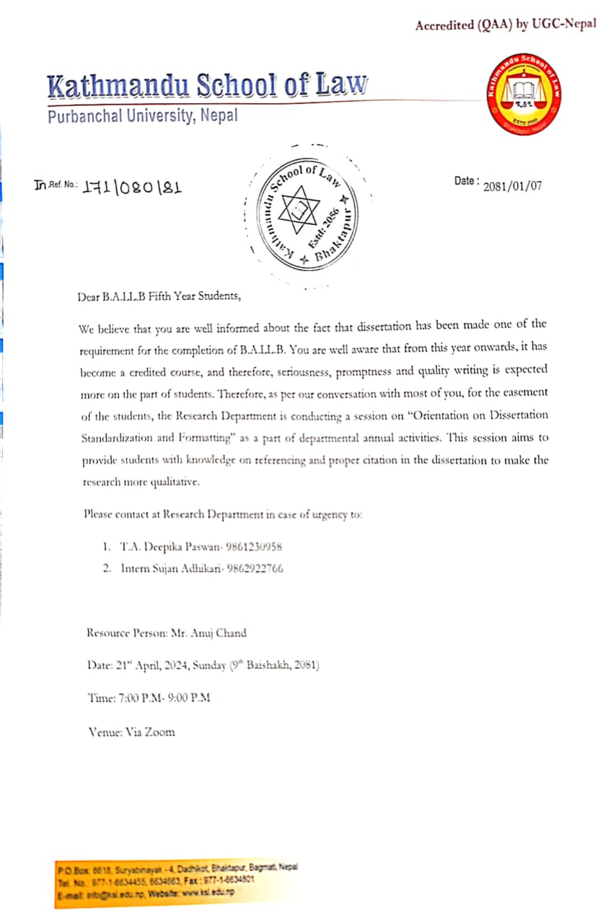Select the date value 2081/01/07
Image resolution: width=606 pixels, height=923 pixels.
pos(513,185)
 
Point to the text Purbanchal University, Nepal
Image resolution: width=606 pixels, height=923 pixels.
pos(142,115)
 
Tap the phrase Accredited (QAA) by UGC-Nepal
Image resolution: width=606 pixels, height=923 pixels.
pos(505,25)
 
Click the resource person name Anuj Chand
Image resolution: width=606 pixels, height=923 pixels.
pos(221,633)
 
